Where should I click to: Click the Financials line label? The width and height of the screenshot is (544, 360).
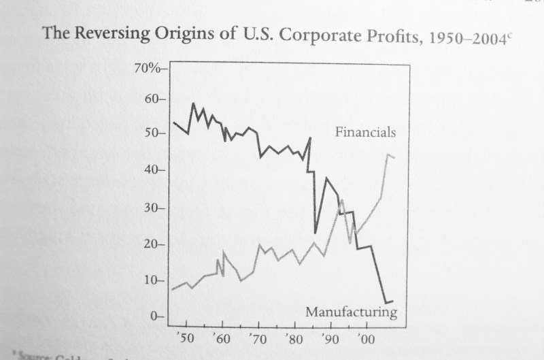[365, 132]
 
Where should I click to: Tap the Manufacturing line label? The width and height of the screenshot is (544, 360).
[351, 312]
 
